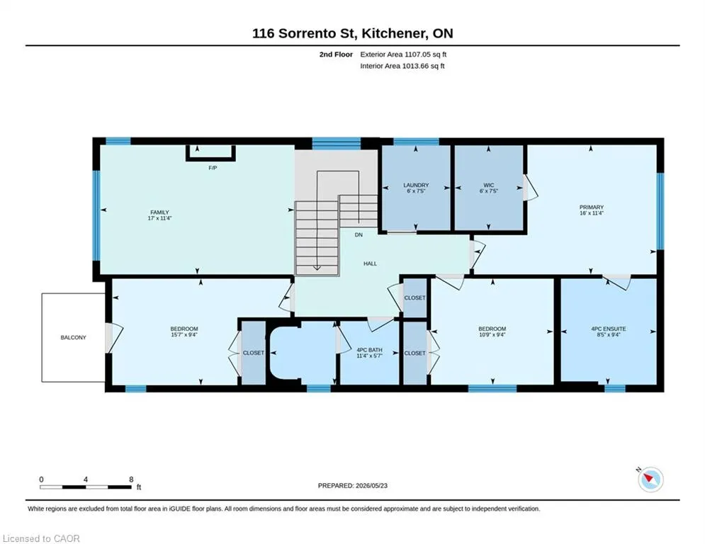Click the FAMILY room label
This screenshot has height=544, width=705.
(x=159, y=212)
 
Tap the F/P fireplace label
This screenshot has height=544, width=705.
(x=213, y=168)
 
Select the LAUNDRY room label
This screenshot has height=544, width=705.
(x=416, y=185)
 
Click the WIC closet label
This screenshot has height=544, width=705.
(x=489, y=185)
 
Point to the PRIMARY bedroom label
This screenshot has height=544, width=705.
(x=591, y=208)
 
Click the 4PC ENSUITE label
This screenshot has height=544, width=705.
(x=609, y=329)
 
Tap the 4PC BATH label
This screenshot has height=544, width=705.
(x=370, y=350)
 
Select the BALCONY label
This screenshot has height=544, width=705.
(x=73, y=337)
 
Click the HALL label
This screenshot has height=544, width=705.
(x=370, y=263)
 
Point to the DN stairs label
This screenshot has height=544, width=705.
(x=359, y=234)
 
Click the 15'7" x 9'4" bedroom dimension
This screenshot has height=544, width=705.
(x=184, y=334)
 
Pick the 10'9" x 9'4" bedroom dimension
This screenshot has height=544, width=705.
(x=492, y=334)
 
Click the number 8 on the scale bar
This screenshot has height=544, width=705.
(x=131, y=480)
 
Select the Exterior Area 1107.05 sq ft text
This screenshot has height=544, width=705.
(x=403, y=55)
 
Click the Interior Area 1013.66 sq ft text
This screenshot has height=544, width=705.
(x=402, y=66)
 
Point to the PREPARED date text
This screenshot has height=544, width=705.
(x=353, y=485)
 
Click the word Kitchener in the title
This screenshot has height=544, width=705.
(x=392, y=33)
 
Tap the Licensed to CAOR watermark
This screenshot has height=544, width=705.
(x=41, y=538)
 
